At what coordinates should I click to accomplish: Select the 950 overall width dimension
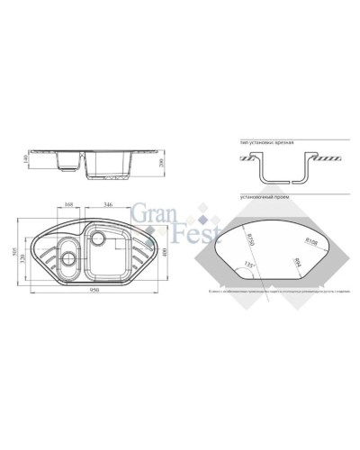pos(94,292)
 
